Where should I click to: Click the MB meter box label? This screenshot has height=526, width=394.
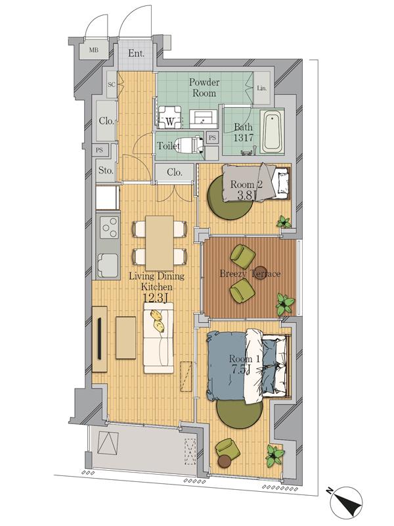(93, 51)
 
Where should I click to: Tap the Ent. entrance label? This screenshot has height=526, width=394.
(137, 53)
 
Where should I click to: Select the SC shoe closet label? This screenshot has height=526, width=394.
(111, 85)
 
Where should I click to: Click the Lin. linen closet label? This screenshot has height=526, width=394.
(262, 88)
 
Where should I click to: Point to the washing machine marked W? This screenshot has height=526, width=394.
(169, 118)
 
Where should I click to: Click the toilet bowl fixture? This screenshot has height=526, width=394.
(191, 145)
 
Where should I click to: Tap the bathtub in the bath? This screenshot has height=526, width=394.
(272, 132)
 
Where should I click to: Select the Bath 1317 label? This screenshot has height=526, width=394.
(244, 132)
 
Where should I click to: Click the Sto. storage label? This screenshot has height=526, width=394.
(106, 170)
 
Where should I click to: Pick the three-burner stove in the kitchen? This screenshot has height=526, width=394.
(108, 228)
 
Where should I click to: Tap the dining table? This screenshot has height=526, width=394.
(160, 243)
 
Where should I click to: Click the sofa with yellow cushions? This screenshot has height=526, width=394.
(159, 338)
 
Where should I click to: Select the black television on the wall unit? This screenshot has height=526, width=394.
(100, 339)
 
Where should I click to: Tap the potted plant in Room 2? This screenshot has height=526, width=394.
(284, 222)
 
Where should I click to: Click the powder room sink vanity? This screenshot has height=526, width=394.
(204, 119)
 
